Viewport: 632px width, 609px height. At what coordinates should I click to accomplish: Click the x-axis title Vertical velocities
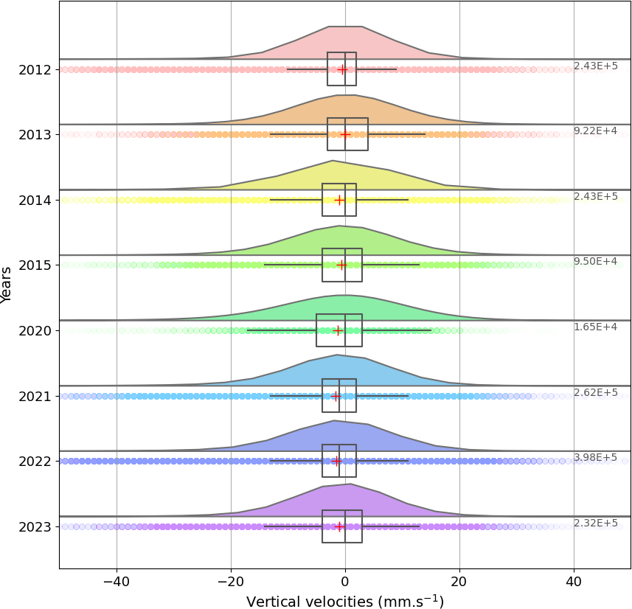point(344,602)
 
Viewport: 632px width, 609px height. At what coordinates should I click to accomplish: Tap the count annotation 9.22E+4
point(595,131)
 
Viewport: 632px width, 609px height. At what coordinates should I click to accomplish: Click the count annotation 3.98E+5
point(595,458)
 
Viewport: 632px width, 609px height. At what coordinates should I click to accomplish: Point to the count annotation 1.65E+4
point(595,327)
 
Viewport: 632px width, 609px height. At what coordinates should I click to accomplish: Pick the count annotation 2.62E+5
point(595,392)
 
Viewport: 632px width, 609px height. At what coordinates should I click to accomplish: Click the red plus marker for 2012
point(342,69)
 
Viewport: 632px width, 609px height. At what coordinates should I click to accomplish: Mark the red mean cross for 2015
point(341,265)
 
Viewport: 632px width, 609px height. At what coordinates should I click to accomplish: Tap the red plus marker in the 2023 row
point(339,526)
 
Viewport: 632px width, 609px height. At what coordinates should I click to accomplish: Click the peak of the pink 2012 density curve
point(345,27)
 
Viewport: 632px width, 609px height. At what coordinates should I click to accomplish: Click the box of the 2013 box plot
point(347,134)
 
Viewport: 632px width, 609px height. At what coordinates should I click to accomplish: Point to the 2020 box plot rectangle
point(339,330)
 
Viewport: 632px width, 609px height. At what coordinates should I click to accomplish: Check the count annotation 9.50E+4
point(595,262)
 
